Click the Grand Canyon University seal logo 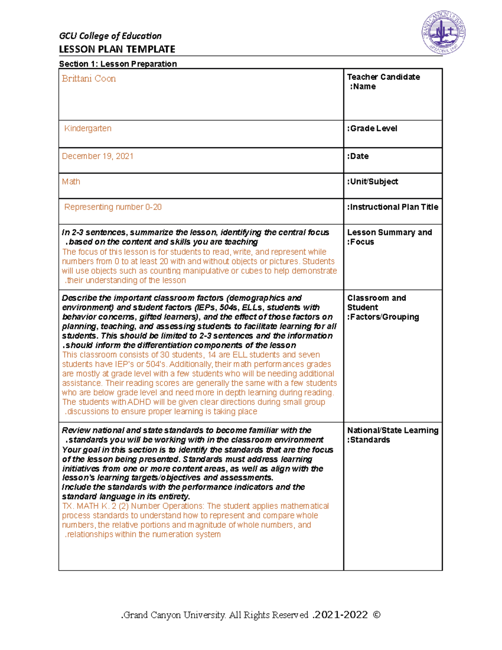click(443, 33)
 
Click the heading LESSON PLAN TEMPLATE click(117, 49)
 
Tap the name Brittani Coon click(89, 79)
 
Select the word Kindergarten click(88, 128)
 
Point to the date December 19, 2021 click(97, 156)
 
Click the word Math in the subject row click(71, 182)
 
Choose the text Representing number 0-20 click(113, 207)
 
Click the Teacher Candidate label click(383, 77)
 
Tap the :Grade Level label click(372, 128)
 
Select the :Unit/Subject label click(372, 182)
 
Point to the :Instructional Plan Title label click(392, 207)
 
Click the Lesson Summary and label click(389, 233)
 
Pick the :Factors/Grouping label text click(383, 317)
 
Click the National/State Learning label click(392, 430)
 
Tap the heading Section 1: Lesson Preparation click(118, 64)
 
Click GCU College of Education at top click(110, 36)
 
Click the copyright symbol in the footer click(376, 615)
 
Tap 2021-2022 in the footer click(341, 615)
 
